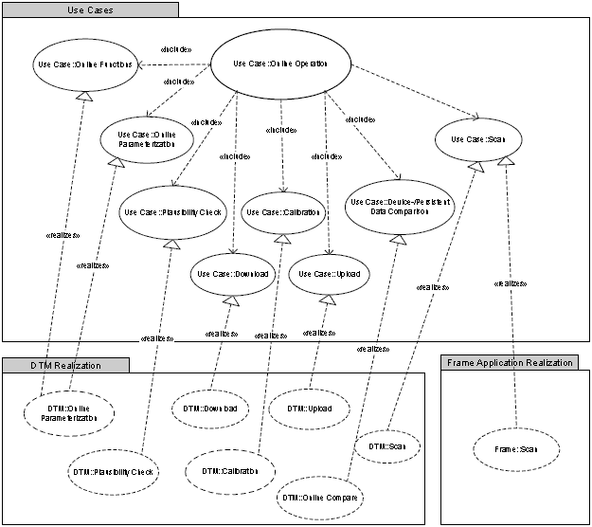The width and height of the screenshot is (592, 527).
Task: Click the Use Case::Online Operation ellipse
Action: [x=280, y=64]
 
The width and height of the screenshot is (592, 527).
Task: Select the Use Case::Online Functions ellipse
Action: [x=84, y=64]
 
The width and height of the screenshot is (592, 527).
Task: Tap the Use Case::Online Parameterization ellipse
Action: [x=147, y=139]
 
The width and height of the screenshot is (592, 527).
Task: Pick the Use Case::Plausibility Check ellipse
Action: [x=171, y=211]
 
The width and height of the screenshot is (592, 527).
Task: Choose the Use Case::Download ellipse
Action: [x=232, y=274]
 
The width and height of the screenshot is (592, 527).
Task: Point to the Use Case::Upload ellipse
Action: [x=328, y=274]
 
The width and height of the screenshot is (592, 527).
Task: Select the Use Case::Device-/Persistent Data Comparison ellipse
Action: [x=399, y=208]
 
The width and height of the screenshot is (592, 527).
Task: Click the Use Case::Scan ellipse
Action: [x=478, y=139]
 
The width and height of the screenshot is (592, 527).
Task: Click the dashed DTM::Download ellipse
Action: [x=210, y=409]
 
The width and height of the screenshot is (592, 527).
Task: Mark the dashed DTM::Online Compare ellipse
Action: [x=323, y=496]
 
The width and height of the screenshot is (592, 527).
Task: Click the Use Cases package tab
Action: [x=90, y=9]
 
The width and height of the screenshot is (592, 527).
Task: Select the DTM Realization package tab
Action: [x=64, y=365]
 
